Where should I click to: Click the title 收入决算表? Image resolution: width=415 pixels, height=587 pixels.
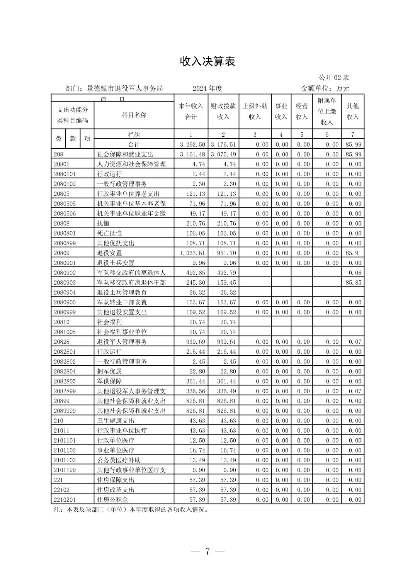pyautogui.click(x=207, y=61)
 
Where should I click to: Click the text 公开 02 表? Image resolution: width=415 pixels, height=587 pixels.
pyautogui.click(x=334, y=78)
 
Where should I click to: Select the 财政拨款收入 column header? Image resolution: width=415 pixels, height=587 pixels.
pyautogui.click(x=223, y=111)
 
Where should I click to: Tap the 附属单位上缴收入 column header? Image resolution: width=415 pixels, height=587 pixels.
pyautogui.click(x=327, y=111)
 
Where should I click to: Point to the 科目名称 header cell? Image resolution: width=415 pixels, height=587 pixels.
pyautogui.click(x=134, y=115)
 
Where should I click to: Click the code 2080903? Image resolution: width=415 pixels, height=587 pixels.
pyautogui.click(x=65, y=283)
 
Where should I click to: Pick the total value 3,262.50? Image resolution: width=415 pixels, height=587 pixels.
pyautogui.click(x=192, y=144)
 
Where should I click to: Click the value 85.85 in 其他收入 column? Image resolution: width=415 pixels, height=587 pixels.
pyautogui.click(x=353, y=283)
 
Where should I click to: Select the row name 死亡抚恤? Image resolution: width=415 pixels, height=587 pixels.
pyautogui.click(x=109, y=233)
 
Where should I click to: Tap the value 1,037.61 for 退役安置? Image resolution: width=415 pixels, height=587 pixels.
pyautogui.click(x=192, y=253)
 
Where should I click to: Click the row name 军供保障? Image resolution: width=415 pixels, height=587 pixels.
pyautogui.click(x=109, y=381)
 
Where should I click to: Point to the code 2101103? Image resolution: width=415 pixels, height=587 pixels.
pyautogui.click(x=65, y=460)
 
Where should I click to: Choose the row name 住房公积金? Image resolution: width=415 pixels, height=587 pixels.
pyautogui.click(x=112, y=500)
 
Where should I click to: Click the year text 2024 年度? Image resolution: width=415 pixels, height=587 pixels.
pyautogui.click(x=207, y=88)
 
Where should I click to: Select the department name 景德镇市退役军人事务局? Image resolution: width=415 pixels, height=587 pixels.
pyautogui.click(x=125, y=88)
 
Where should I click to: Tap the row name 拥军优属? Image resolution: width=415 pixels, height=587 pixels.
pyautogui.click(x=109, y=372)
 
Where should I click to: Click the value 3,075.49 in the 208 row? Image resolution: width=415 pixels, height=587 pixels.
pyautogui.click(x=223, y=154)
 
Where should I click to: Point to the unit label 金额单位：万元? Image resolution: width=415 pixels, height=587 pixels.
pyautogui.click(x=325, y=88)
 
